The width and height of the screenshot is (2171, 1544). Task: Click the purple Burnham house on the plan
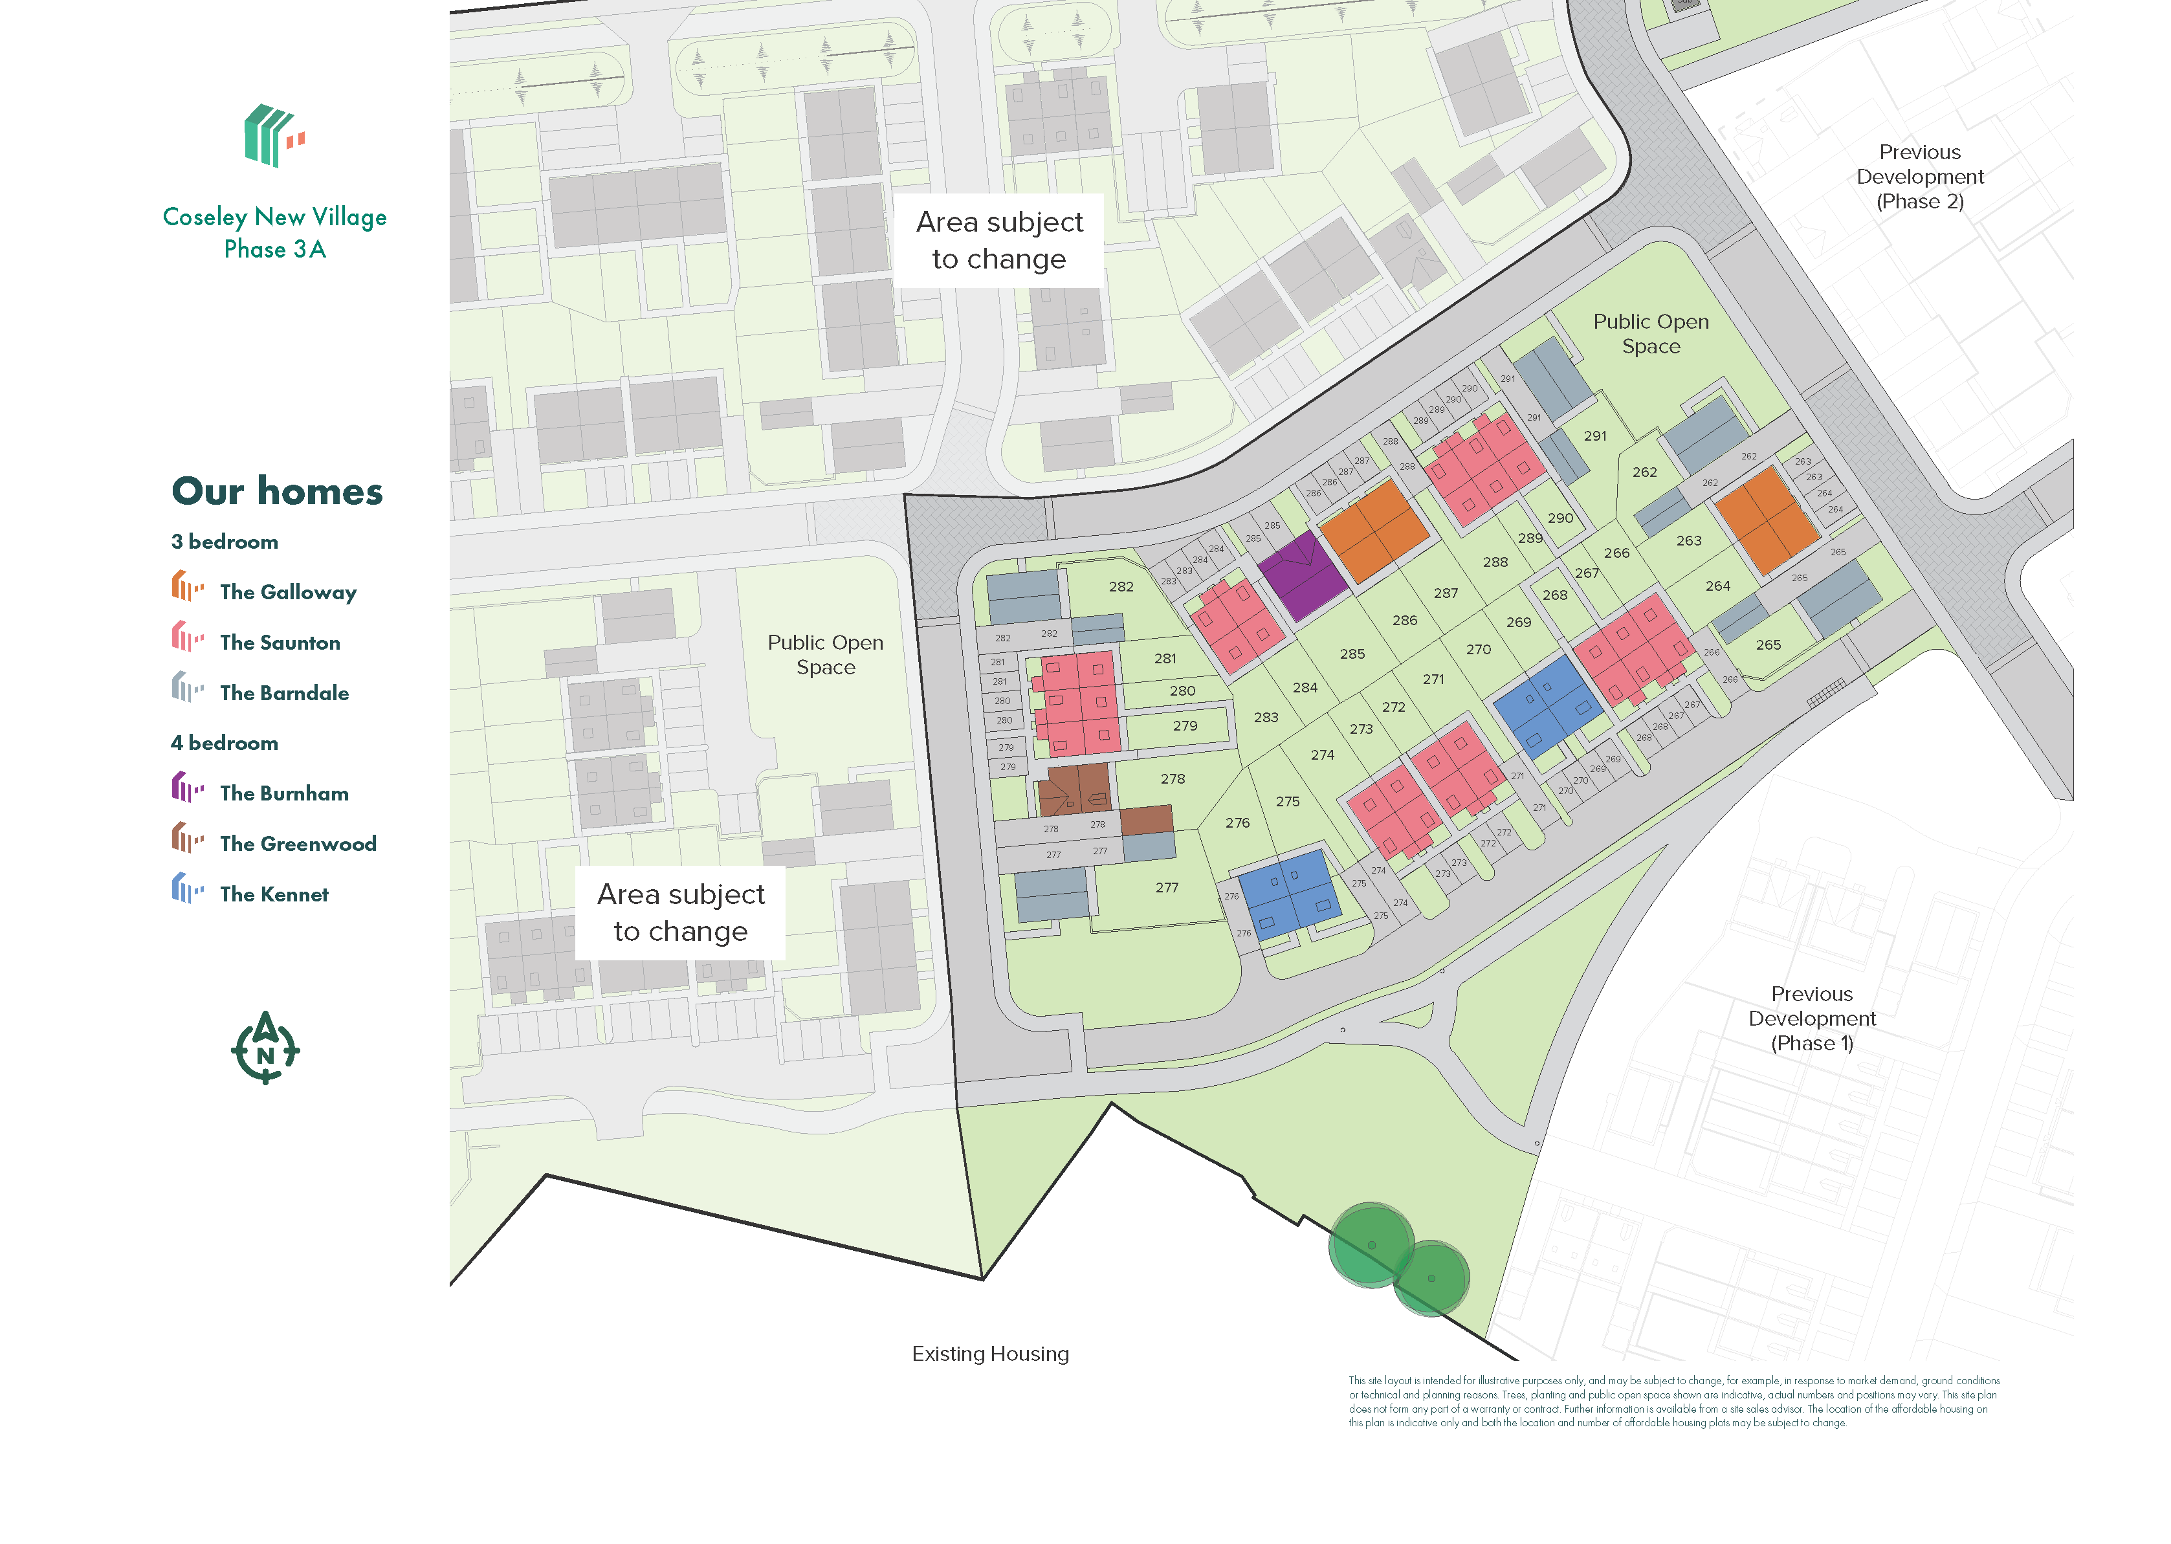tap(1303, 574)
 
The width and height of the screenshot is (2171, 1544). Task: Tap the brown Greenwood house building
tap(1074, 788)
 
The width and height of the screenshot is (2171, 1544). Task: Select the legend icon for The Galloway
tap(187, 587)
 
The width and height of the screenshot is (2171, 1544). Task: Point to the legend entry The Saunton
tap(280, 642)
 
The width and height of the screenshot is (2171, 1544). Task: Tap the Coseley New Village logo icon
tap(274, 136)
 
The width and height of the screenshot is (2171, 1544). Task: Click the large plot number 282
tap(1121, 587)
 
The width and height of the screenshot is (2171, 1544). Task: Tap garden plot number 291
tap(1595, 436)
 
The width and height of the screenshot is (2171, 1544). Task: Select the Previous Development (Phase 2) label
tap(1919, 177)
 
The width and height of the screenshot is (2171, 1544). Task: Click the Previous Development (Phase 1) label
tap(1812, 1019)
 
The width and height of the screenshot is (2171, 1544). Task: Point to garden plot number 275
tap(1287, 802)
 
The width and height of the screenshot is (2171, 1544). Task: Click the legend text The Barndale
tap(283, 692)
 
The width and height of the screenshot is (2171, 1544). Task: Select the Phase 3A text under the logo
tap(275, 249)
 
